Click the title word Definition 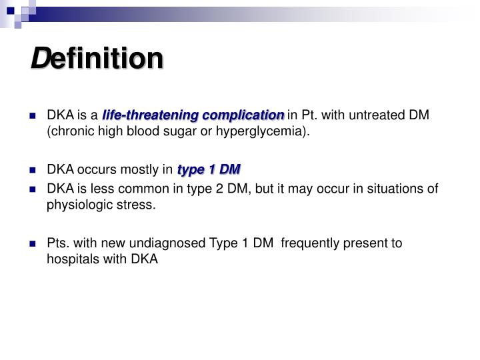pos(97,59)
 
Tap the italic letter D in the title pos(39,59)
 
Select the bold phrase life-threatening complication pos(193,115)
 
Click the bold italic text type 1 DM pos(209,169)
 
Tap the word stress pos(139,205)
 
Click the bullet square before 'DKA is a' pos(32,116)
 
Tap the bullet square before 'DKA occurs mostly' pos(32,170)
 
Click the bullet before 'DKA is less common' pos(32,189)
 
